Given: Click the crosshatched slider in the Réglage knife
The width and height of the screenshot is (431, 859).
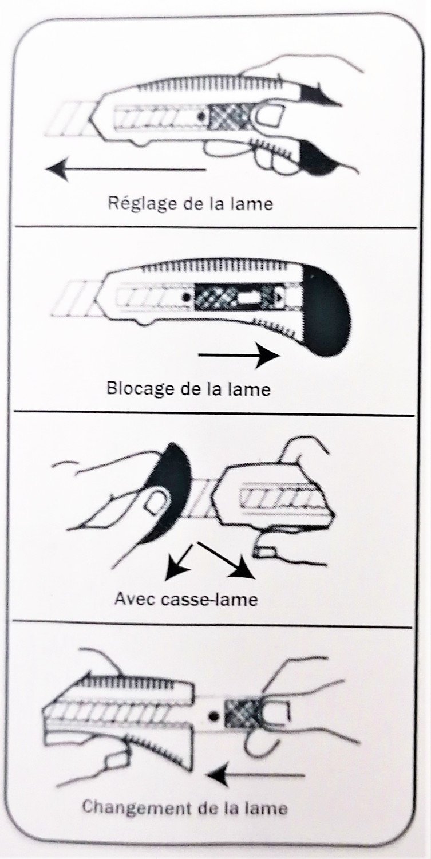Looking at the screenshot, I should click(227, 117).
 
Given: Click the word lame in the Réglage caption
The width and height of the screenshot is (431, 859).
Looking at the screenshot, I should click(252, 203).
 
